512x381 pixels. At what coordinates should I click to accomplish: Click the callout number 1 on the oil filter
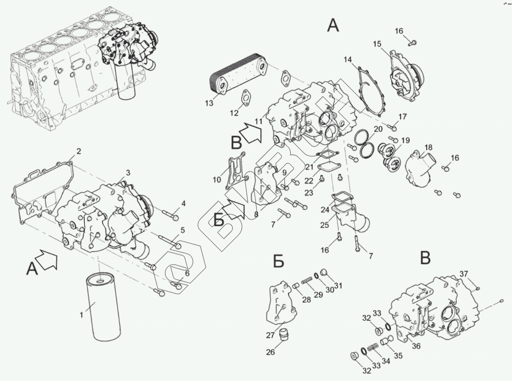82,315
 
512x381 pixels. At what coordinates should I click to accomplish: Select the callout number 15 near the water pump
377,44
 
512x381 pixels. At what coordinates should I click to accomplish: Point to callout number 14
348,60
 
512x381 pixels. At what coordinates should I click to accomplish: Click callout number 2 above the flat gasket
78,151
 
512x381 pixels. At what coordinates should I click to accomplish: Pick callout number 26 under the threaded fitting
270,352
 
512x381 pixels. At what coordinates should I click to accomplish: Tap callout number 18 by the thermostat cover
428,147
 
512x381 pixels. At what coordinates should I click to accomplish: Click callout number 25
324,225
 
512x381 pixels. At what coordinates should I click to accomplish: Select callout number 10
217,180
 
